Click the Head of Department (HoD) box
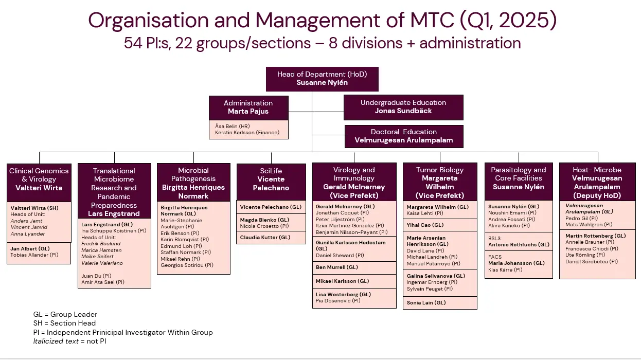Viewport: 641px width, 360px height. point(322,78)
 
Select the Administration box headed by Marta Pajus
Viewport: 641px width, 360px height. point(248,107)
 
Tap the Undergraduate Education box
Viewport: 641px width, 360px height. point(403,107)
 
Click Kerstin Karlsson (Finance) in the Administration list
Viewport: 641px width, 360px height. point(247,133)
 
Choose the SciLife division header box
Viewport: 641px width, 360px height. point(271,179)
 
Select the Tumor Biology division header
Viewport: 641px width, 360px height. point(440,183)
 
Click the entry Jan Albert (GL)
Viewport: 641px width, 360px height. point(30,248)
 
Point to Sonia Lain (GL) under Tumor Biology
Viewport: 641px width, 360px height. point(426,303)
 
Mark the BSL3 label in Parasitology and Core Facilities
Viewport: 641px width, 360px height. point(494,239)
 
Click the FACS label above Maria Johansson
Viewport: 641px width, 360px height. point(495,257)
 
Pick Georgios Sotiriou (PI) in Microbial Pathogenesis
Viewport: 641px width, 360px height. point(187,265)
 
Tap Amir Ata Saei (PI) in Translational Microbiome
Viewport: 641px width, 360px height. point(103,282)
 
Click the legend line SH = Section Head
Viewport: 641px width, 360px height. point(64,323)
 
